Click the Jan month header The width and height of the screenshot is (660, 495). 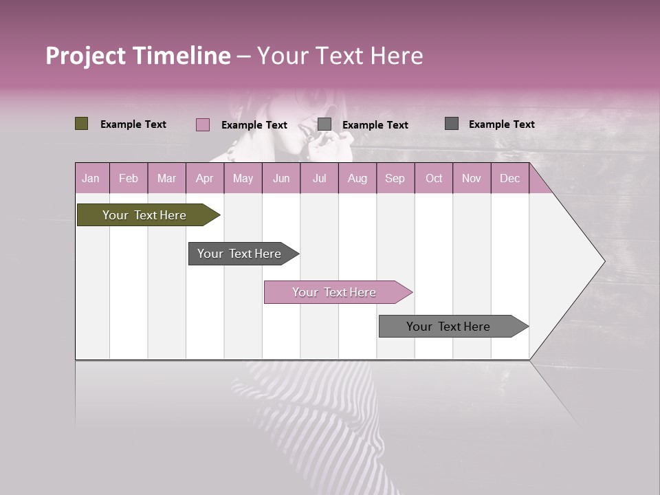tap(91, 178)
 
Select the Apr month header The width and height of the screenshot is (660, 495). tap(204, 178)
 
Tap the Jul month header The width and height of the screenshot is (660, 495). tap(319, 178)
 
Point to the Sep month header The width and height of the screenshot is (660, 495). tap(395, 178)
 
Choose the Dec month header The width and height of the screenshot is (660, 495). tap(509, 178)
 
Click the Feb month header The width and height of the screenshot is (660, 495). tap(129, 178)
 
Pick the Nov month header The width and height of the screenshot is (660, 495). tap(471, 178)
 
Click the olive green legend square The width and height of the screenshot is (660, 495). tap(81, 124)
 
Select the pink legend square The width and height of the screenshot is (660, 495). tap(202, 124)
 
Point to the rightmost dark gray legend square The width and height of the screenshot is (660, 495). tap(451, 124)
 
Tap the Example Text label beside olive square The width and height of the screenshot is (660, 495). tap(133, 124)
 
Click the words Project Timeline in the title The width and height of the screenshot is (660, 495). tap(138, 56)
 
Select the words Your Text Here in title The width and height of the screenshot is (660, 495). tap(340, 56)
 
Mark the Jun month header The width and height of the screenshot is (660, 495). tap(281, 178)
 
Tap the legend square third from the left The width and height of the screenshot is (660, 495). tap(324, 124)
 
